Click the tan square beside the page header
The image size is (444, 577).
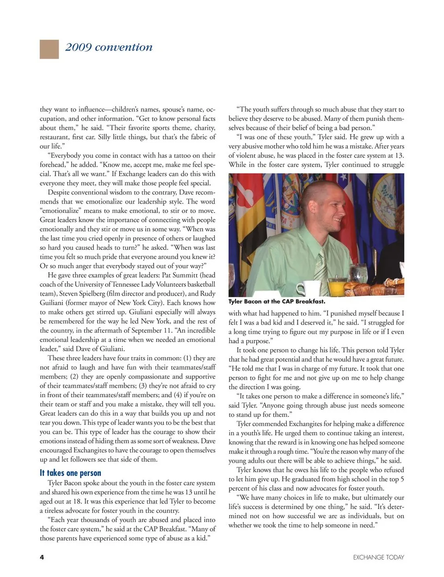tap(49, 49)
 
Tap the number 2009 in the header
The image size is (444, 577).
tap(78, 47)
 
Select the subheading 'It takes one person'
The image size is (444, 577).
tap(70, 472)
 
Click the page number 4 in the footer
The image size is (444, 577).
tap(42, 557)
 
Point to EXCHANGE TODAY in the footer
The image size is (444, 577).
tap(378, 557)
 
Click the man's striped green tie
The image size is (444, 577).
tap(320, 265)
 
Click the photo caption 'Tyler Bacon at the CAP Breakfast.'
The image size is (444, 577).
tap(277, 302)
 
